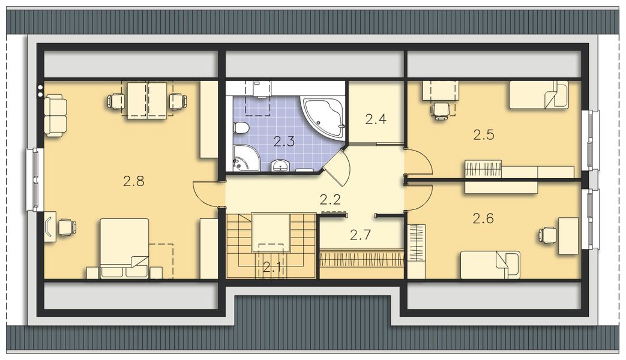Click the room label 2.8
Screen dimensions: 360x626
pos(134,181)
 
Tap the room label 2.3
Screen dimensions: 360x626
pos(284,142)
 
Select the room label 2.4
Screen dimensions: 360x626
pos(375,119)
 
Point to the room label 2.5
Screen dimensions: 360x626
pos(483,135)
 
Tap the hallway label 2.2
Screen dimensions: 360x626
pos(330,199)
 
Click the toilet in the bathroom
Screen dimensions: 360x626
pos(241,128)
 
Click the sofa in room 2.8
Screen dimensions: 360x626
pos(55,115)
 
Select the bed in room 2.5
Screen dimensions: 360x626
pos(538,95)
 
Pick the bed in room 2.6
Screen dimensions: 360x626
pos(490,264)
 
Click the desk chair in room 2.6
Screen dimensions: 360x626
pos(547,235)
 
